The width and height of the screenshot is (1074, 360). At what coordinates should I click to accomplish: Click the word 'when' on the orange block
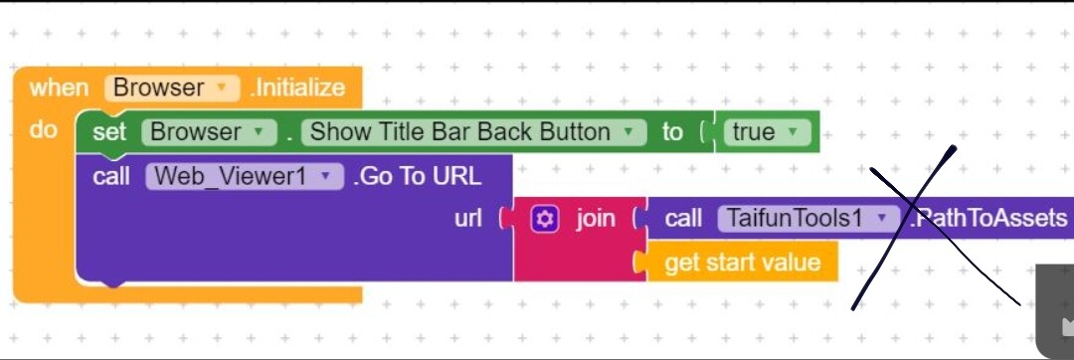pyautogui.click(x=59, y=88)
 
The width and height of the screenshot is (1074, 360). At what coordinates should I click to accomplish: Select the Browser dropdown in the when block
pyautogui.click(x=172, y=88)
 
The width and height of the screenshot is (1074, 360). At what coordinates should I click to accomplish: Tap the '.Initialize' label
pyautogui.click(x=297, y=88)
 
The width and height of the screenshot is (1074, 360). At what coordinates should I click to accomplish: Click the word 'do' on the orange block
pyautogui.click(x=44, y=129)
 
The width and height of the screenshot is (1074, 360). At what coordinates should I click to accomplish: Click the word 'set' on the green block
pyautogui.click(x=109, y=132)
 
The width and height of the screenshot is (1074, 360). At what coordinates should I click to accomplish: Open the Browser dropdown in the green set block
pyautogui.click(x=209, y=132)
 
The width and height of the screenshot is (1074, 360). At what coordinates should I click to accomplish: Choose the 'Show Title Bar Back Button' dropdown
pyautogui.click(x=473, y=132)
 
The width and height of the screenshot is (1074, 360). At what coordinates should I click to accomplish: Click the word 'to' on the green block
pyautogui.click(x=672, y=132)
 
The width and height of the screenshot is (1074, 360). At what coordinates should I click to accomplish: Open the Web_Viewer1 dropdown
pyautogui.click(x=244, y=177)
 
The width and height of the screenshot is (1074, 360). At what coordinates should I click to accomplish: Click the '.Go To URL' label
pyautogui.click(x=417, y=177)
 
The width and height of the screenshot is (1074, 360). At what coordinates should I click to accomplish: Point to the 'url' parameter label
pyautogui.click(x=467, y=219)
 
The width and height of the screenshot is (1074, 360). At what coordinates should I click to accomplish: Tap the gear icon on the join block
pyautogui.click(x=545, y=219)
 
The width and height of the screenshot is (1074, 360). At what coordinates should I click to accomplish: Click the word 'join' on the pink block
pyautogui.click(x=596, y=219)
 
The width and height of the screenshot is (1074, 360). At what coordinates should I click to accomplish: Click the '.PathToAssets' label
pyautogui.click(x=989, y=219)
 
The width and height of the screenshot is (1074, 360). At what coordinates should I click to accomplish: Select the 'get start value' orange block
pyautogui.click(x=742, y=263)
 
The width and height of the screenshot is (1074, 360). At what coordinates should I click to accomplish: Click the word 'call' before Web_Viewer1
pyautogui.click(x=111, y=177)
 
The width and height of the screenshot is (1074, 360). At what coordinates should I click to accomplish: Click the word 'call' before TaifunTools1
pyautogui.click(x=683, y=219)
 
